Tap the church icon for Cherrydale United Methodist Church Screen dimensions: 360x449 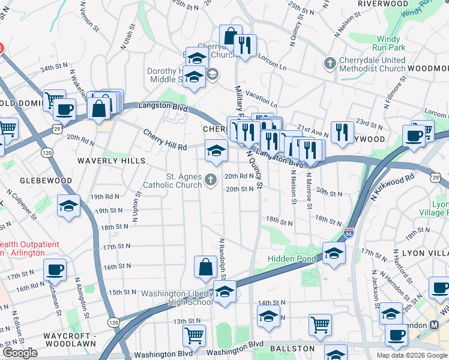tap(330, 63)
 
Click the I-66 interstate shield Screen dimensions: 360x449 tap(349, 232)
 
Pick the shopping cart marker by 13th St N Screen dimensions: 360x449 tap(194, 336)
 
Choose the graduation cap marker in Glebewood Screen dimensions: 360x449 tap(69, 205)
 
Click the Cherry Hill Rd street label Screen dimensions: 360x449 tap(165, 140)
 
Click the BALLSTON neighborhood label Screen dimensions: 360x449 tap(292, 349)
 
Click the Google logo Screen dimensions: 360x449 tap(20, 353)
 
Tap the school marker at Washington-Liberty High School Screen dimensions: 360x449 tap(224, 293)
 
